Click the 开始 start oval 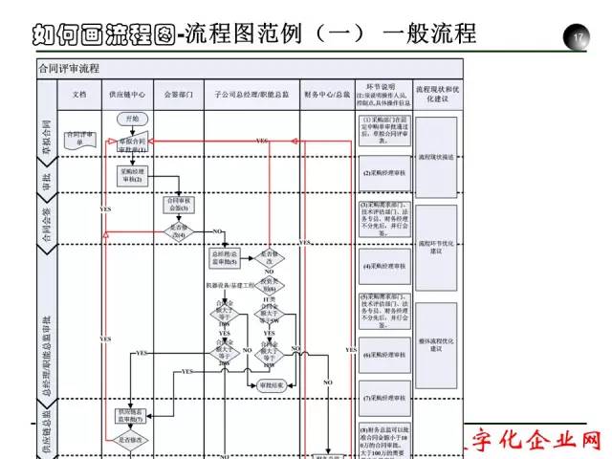coord(133,118)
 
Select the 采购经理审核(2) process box coord(133,174)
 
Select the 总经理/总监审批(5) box coord(224,256)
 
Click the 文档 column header coord(79,95)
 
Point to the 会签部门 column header coord(178,95)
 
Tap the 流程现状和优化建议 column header coord(436,93)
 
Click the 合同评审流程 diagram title coord(68,69)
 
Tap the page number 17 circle coord(578,36)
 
